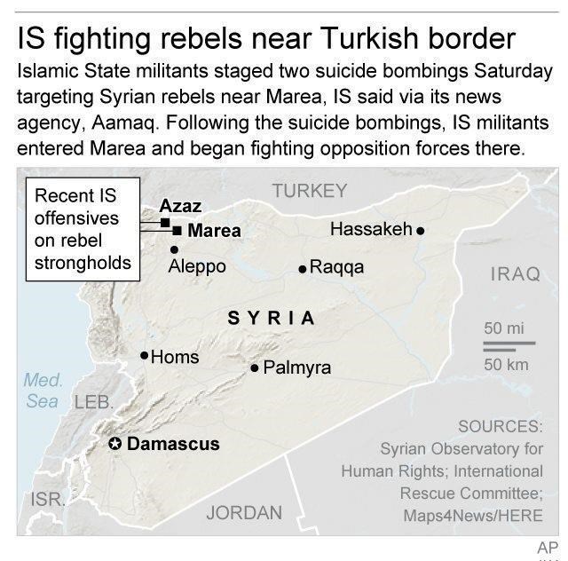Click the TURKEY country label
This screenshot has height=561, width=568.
pyautogui.click(x=310, y=190)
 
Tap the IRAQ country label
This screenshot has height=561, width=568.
pyautogui.click(x=515, y=273)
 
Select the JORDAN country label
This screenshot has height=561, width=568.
pyautogui.click(x=244, y=512)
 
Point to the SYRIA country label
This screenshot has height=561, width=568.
pyautogui.click(x=271, y=318)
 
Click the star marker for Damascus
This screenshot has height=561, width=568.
pyautogui.click(x=115, y=444)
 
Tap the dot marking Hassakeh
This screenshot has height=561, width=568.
pyautogui.click(x=421, y=230)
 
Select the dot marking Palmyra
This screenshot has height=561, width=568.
pyautogui.click(x=255, y=367)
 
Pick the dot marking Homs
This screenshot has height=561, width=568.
pyautogui.click(x=144, y=356)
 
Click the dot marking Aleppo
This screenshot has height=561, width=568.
pyautogui.click(x=174, y=249)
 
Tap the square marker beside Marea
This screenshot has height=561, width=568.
pyautogui.click(x=177, y=231)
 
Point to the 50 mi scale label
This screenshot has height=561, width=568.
pyautogui.click(x=504, y=328)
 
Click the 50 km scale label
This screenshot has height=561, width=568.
pyautogui.click(x=506, y=364)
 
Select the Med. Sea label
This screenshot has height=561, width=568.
pyautogui.click(x=43, y=391)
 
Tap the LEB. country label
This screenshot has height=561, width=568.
pyautogui.click(x=93, y=402)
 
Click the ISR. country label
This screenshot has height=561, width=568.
pyautogui.click(x=47, y=499)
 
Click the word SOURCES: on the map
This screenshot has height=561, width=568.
pyautogui.click(x=500, y=426)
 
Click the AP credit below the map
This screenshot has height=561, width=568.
pyautogui.click(x=548, y=547)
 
